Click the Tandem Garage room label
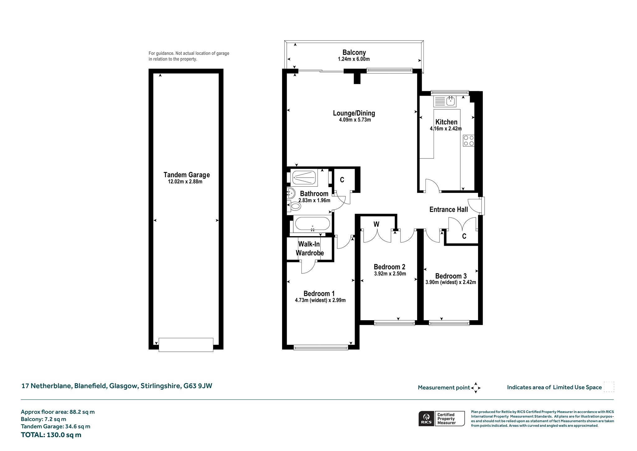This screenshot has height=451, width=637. pyautogui.click(x=187, y=175)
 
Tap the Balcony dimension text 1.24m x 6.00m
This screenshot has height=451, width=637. pyautogui.click(x=354, y=59)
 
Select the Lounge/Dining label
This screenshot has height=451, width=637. pyautogui.click(x=354, y=113)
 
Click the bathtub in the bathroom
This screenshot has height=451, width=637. pyautogui.click(x=312, y=224)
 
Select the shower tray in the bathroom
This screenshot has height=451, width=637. pyautogui.click(x=305, y=178)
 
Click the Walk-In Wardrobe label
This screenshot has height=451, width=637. pyautogui.click(x=310, y=249)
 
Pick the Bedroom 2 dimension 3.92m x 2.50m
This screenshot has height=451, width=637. pyautogui.click(x=390, y=274)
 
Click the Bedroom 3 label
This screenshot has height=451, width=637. pyautogui.click(x=451, y=276)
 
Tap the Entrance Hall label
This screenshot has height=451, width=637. pyautogui.click(x=449, y=210)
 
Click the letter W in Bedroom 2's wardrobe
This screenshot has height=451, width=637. pyautogui.click(x=376, y=224)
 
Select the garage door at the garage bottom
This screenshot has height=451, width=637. pyautogui.click(x=186, y=345)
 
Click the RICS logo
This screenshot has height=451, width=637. pyautogui.click(x=426, y=418)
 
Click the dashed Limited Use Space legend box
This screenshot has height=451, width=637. pyautogui.click(x=609, y=387)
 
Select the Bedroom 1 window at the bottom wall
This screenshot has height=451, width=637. pyautogui.click(x=321, y=347)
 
